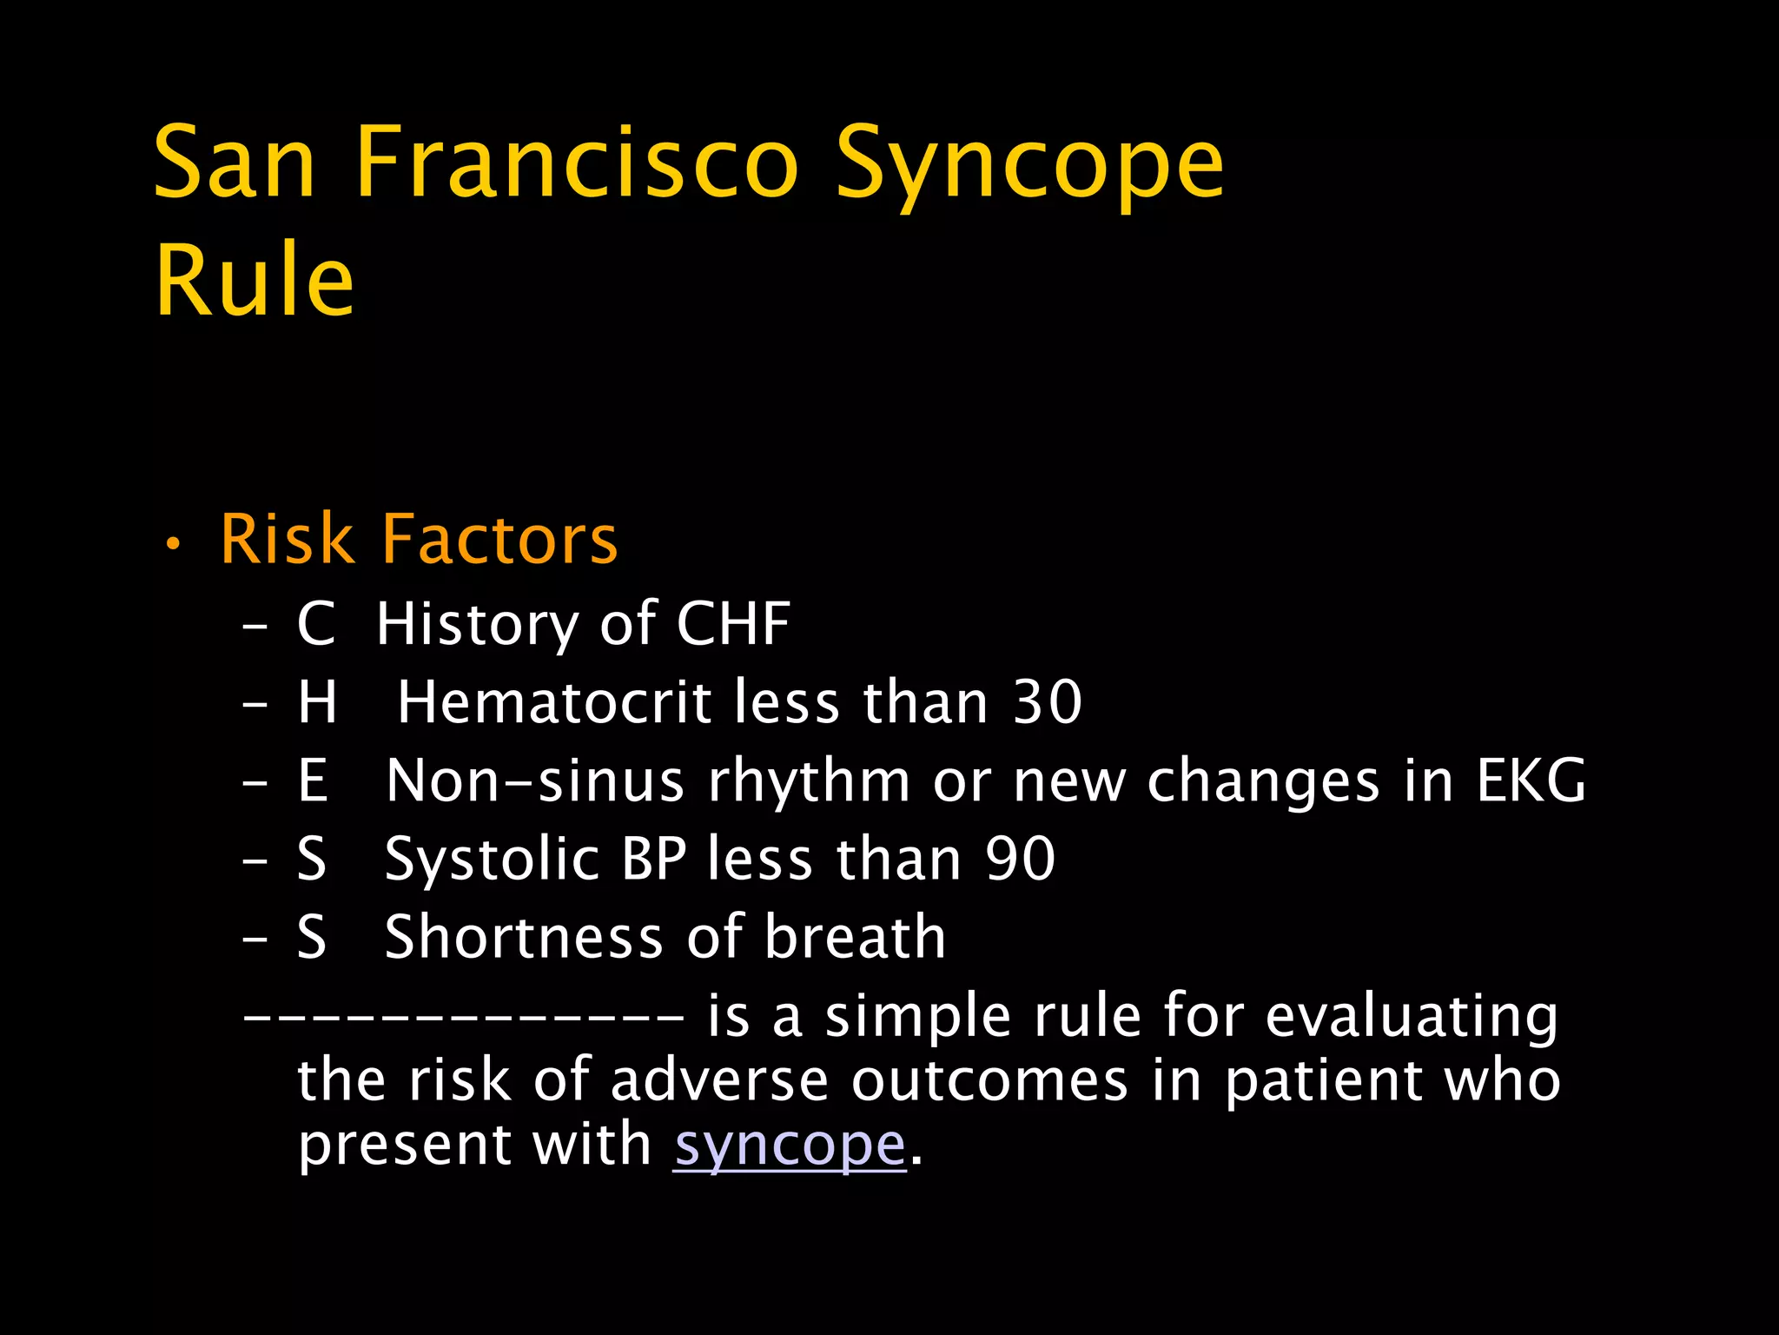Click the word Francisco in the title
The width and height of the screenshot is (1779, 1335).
tap(577, 163)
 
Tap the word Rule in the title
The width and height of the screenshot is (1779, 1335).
tap(255, 280)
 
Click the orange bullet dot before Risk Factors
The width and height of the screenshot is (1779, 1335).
tap(174, 545)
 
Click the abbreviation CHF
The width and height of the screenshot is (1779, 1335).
tap(733, 623)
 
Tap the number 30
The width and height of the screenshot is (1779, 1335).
tap(1048, 701)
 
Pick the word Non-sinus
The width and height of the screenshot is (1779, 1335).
tap(535, 780)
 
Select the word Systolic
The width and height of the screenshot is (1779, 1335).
tap(493, 858)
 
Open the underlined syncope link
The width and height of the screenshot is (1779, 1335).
tap(790, 1146)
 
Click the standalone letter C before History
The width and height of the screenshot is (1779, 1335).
tap(315, 623)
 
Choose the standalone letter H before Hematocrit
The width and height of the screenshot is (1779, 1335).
tap(317, 701)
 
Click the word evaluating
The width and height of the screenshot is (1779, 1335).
tap(1412, 1017)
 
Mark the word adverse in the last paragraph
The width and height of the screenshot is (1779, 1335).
tap(719, 1080)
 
